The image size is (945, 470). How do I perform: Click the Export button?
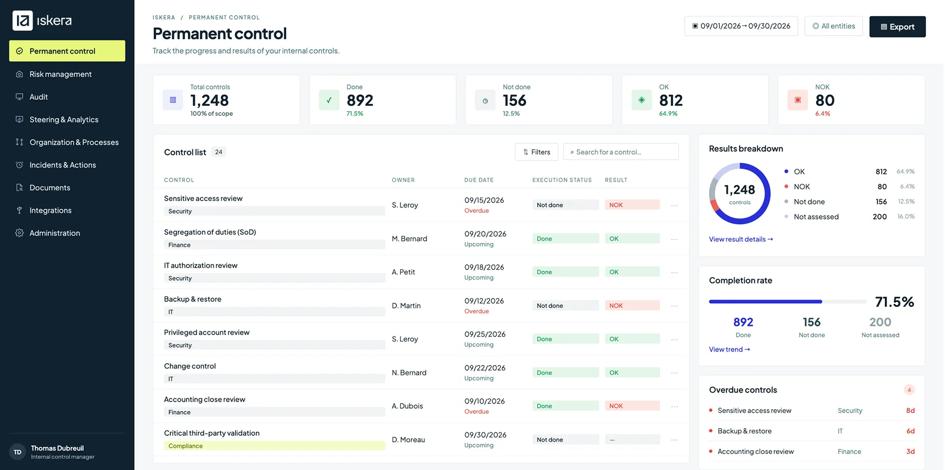[897, 27]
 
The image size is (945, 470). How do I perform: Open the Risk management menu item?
[60, 74]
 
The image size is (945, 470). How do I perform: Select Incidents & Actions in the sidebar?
[62, 165]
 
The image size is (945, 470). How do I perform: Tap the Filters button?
[536, 152]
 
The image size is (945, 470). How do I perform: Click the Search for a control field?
[620, 152]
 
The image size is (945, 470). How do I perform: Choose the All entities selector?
[833, 26]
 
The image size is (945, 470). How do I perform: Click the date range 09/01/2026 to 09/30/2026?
[741, 26]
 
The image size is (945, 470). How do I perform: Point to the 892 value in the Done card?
[360, 100]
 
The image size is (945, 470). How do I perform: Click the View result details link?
[741, 240]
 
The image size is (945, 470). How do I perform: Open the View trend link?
[729, 349]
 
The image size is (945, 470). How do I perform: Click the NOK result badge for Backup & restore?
[632, 306]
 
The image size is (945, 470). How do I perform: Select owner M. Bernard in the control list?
[409, 239]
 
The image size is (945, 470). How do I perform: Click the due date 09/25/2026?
[485, 334]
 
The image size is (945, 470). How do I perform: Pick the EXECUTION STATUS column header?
[562, 180]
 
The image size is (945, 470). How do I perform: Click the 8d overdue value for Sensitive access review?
[910, 411]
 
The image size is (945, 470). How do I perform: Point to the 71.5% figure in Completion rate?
[894, 302]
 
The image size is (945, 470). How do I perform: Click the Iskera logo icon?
[23, 21]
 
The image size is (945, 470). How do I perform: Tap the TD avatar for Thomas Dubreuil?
[18, 452]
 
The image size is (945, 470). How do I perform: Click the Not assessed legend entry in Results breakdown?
[816, 217]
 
